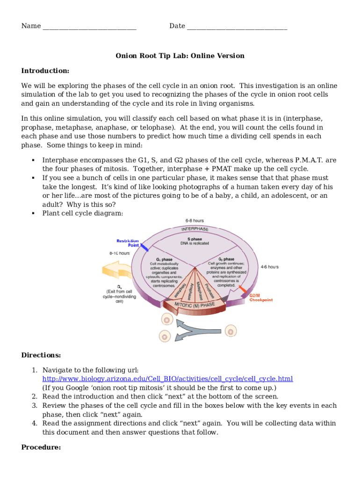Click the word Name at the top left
31,26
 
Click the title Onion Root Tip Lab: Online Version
180,56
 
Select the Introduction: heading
45,71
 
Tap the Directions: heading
41,356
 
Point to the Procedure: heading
41,448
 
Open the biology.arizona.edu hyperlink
167,379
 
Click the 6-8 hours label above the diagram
194,220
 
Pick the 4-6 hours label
269,267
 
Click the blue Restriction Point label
128,243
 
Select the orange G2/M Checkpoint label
261,298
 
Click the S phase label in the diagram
194,239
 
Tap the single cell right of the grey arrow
230,331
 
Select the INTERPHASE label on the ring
195,229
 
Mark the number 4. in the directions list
35,423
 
